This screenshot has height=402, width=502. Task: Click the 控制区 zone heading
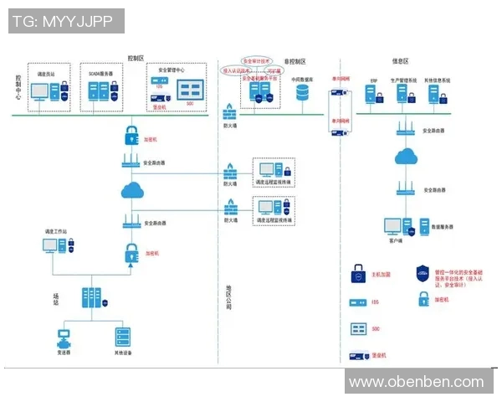coord(136,58)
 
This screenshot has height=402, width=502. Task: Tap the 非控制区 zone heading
coord(295,61)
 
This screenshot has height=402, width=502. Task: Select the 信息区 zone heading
coord(401,61)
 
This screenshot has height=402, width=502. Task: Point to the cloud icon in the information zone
coord(407,157)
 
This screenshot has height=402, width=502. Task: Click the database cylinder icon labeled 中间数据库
coord(302,93)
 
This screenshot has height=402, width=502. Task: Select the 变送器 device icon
coord(63,338)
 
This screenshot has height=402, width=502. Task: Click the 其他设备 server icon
coord(123,338)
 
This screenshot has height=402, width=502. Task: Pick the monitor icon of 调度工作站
coord(51,246)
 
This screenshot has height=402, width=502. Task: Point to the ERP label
coord(374,80)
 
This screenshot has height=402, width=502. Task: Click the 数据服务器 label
coord(443,227)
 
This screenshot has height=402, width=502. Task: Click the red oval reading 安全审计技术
coord(256,61)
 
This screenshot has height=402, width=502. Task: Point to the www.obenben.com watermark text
coord(416,382)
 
